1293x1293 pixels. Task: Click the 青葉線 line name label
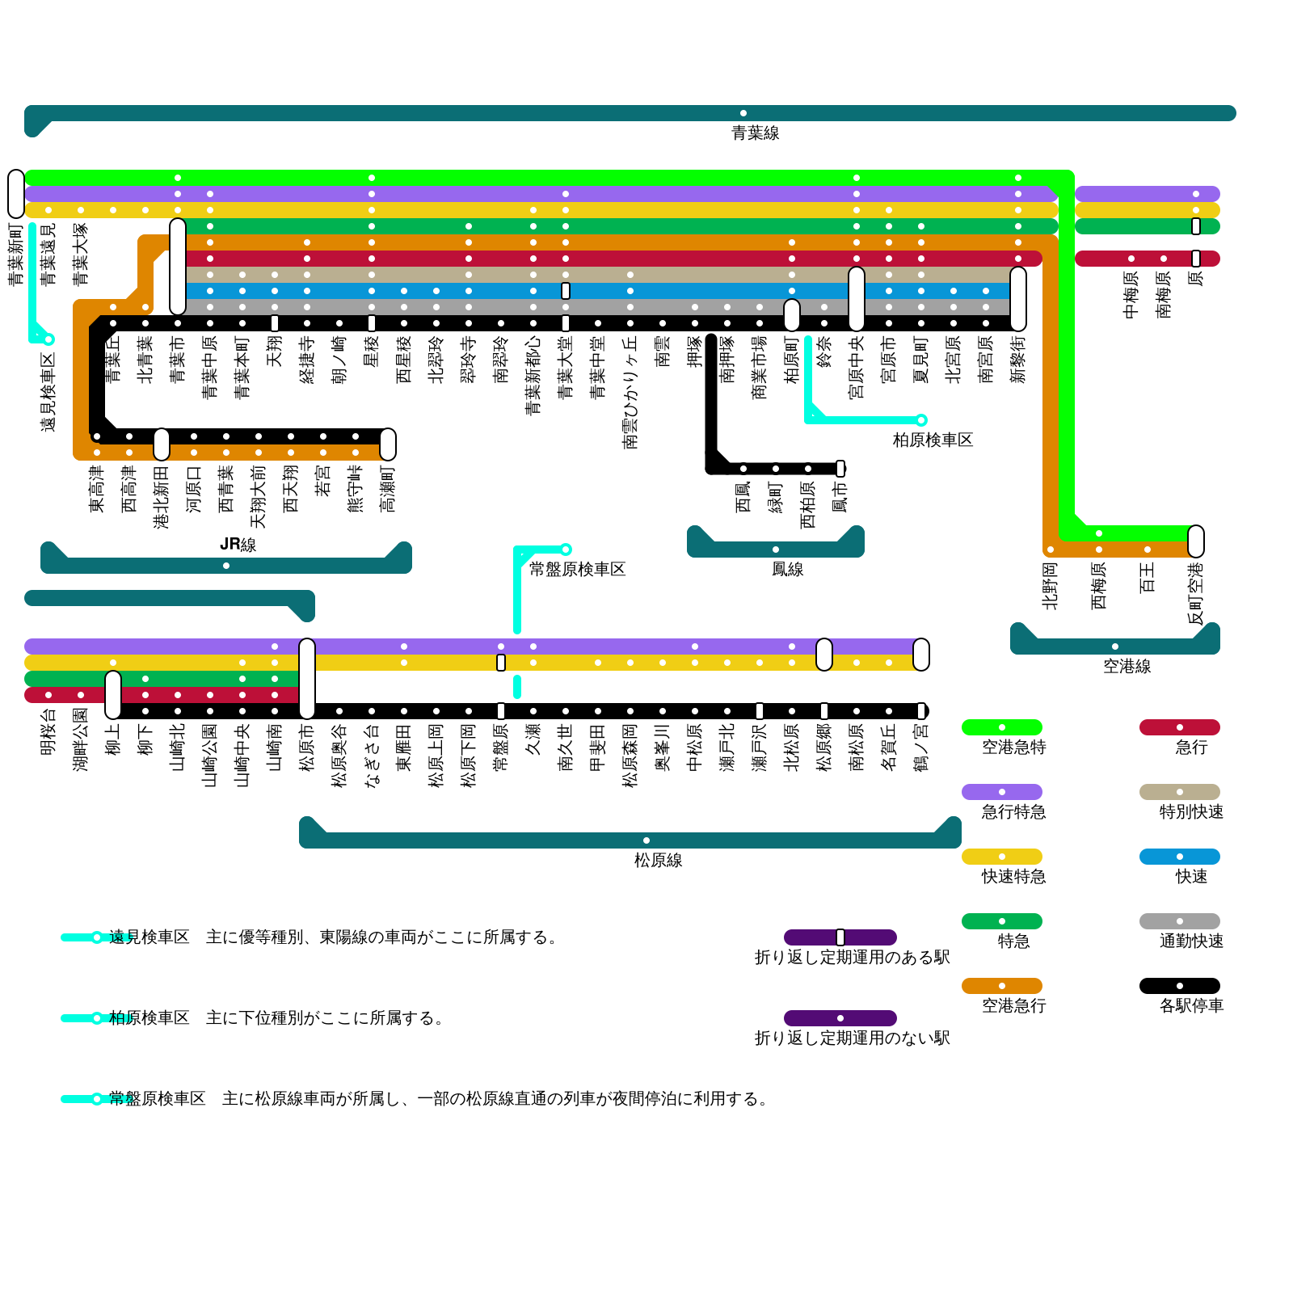click(x=755, y=133)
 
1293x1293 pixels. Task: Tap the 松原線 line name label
click(x=658, y=861)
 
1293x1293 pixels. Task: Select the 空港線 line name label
click(x=1127, y=667)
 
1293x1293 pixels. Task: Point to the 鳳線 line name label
click(x=787, y=570)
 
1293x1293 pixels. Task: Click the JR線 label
click(x=238, y=545)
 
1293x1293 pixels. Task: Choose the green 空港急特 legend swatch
click(x=1002, y=727)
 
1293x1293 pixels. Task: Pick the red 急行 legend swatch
click(x=1180, y=727)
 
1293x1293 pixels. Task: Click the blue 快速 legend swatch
click(x=1180, y=857)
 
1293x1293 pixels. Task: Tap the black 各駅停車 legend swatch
click(x=1180, y=986)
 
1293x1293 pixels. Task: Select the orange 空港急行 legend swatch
click(x=1002, y=986)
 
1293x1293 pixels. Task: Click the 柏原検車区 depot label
click(x=933, y=440)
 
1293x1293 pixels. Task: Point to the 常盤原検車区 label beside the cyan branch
click(x=577, y=570)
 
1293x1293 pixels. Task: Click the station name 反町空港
click(x=1196, y=594)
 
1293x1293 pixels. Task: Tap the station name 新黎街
click(x=1018, y=360)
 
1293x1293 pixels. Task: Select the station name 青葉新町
click(x=16, y=255)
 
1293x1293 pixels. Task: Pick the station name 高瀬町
click(x=388, y=489)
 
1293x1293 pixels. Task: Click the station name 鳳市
click(x=840, y=497)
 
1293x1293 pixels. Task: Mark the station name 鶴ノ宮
click(x=921, y=748)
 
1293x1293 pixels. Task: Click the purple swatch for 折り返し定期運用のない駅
click(x=840, y=1018)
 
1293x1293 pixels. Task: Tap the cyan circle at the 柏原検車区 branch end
click(x=921, y=420)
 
